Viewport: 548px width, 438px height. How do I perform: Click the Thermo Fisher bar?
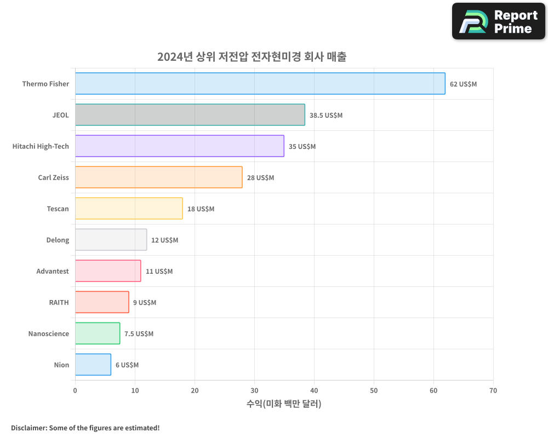[260, 84]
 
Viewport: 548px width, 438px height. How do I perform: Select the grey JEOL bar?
[190, 115]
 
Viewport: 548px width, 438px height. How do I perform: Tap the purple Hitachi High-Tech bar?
[179, 146]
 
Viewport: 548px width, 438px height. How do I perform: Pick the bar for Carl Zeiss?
[158, 177]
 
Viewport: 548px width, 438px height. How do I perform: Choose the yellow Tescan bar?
[129, 209]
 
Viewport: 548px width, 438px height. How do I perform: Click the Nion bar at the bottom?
[93, 365]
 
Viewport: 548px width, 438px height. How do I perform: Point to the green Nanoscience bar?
[97, 333]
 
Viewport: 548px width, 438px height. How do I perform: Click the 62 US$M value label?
[463, 84]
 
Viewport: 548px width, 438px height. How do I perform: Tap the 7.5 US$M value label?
[139, 334]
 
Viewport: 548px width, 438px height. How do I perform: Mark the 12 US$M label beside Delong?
[164, 240]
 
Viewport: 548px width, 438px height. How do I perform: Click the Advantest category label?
[53, 272]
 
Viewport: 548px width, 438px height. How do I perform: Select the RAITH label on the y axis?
[59, 303]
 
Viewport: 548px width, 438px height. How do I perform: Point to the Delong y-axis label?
[58, 240]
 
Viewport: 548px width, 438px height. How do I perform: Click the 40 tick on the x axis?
[314, 391]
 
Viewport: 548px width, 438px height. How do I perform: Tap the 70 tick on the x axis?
[493, 391]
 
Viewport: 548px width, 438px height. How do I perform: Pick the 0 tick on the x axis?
[75, 391]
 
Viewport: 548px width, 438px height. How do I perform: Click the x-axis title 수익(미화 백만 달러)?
[284, 404]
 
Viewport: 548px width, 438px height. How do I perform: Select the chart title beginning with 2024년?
[252, 57]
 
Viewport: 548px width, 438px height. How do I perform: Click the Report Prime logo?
[499, 21]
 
